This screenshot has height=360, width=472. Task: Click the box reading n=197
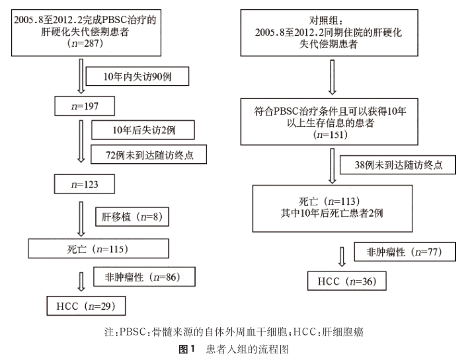point(85,106)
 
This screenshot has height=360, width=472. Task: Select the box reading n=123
point(85,184)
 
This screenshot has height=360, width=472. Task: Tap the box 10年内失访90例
point(138,77)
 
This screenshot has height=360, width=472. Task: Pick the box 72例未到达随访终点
point(147,154)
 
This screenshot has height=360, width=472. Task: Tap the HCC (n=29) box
point(85,306)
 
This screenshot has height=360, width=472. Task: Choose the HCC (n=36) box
point(346,281)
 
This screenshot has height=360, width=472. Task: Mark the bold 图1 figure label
point(189,347)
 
